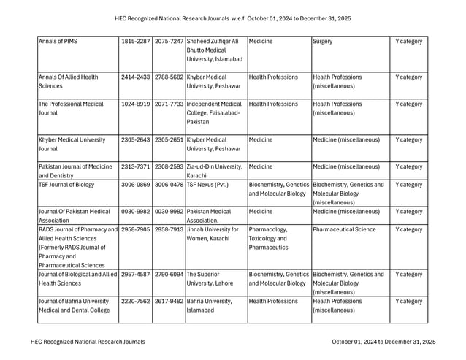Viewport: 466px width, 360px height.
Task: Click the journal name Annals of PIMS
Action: tap(58, 42)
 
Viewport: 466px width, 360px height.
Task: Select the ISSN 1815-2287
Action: tap(135, 42)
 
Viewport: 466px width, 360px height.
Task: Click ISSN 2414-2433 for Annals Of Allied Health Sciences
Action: tap(135, 77)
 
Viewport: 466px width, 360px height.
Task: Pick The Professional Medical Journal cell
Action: tap(72, 108)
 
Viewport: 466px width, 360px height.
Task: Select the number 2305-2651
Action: tap(169, 139)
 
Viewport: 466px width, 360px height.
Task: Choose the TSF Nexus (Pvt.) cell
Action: tap(207, 185)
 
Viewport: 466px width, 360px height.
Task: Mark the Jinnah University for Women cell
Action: tap(213, 234)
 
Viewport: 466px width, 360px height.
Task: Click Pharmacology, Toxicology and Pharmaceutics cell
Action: tap(273, 238)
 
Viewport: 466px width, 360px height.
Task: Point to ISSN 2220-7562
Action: tap(135, 301)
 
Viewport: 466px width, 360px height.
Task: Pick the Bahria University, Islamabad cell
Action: tap(209, 305)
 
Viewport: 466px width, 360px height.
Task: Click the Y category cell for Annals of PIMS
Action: tap(408, 42)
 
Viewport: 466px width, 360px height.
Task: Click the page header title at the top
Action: tap(233, 18)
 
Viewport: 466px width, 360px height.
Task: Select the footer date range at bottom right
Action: tap(383, 341)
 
